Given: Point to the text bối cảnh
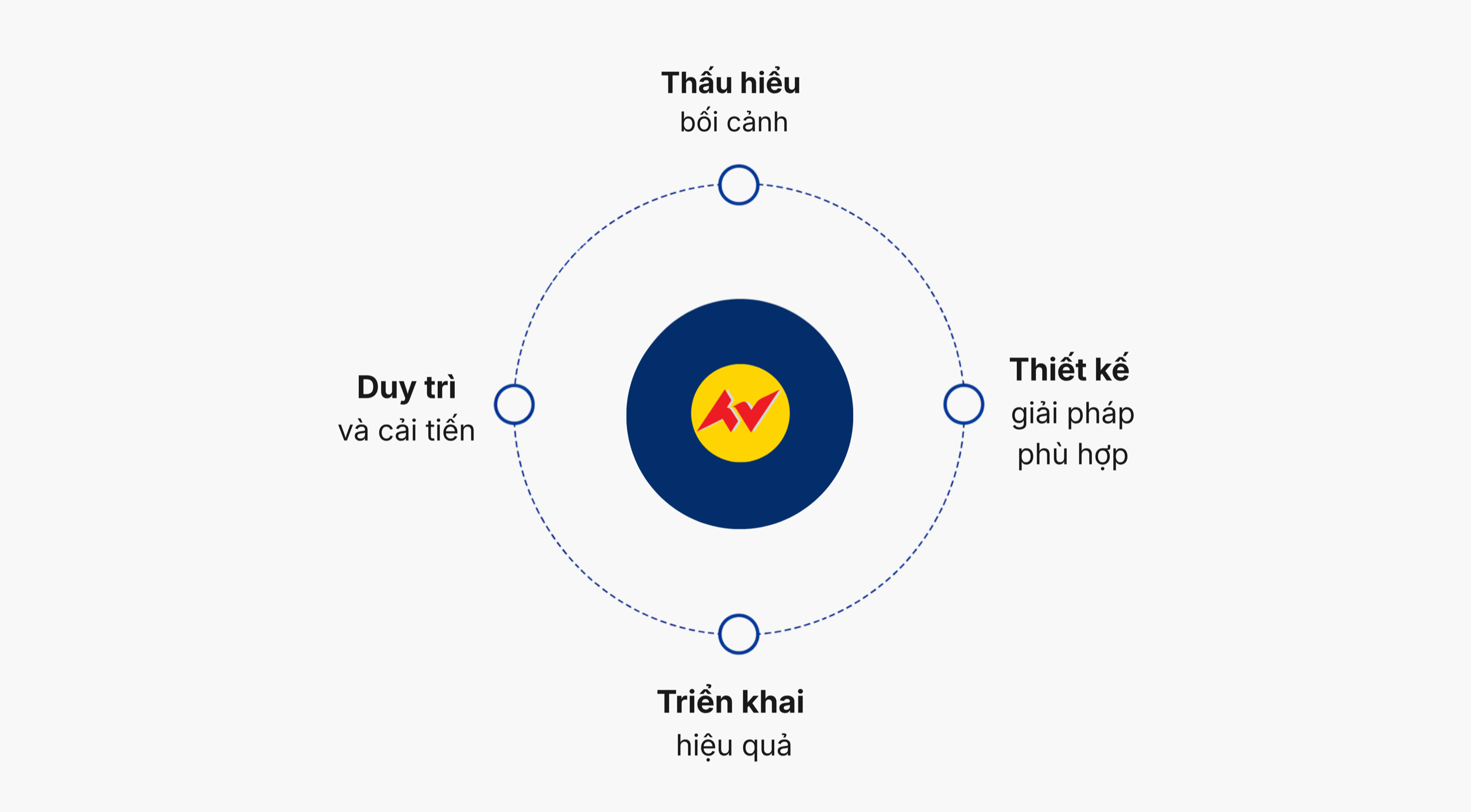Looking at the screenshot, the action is (x=734, y=122).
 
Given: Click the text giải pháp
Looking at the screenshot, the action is (x=1073, y=414).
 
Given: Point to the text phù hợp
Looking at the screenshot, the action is (x=1073, y=455).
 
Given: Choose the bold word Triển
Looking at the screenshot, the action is (x=695, y=701).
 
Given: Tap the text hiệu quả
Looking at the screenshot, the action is (x=734, y=746).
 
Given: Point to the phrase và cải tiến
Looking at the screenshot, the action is (x=407, y=430).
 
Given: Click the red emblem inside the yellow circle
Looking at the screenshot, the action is (x=739, y=411).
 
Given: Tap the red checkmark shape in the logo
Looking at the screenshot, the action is (x=758, y=410).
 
